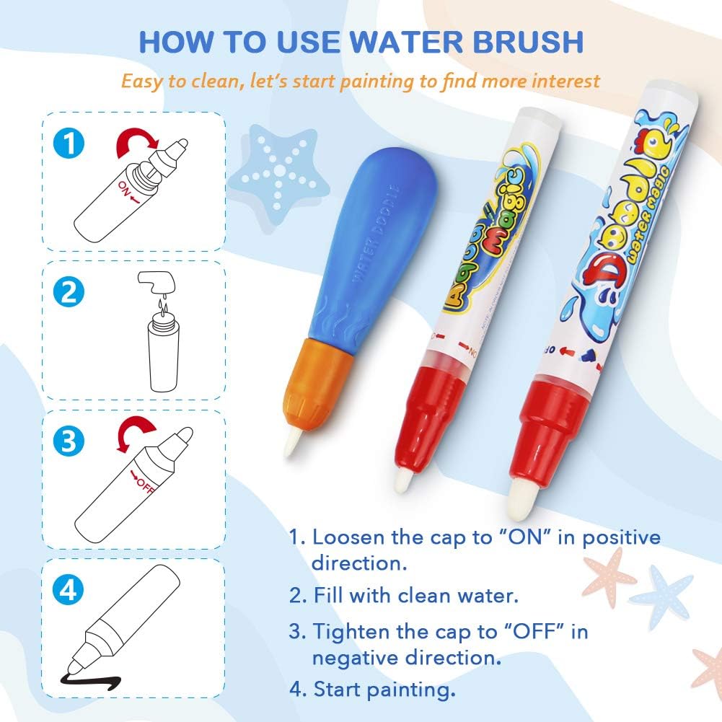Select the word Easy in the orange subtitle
pos(143,80)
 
